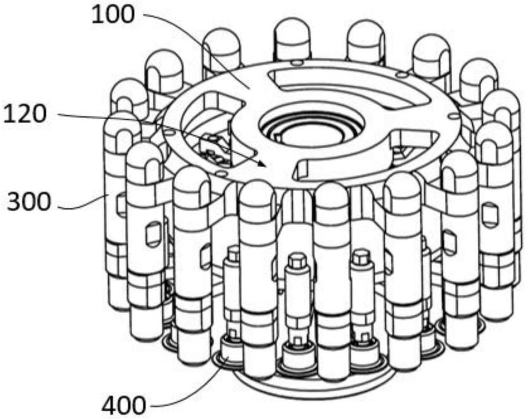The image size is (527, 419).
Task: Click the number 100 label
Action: point(113,15)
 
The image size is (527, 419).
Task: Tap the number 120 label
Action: point(24,114)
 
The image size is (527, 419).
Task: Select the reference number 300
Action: point(29,202)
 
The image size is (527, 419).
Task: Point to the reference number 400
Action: point(124,405)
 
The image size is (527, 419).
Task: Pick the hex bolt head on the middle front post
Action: point(297,260)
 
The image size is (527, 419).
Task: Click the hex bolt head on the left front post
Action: point(233,252)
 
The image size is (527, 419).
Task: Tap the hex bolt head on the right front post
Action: point(362,256)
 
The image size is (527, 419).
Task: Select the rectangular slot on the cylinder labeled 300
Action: point(120,202)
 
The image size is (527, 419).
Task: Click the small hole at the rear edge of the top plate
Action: point(296,62)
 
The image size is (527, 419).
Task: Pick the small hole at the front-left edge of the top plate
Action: point(220,173)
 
